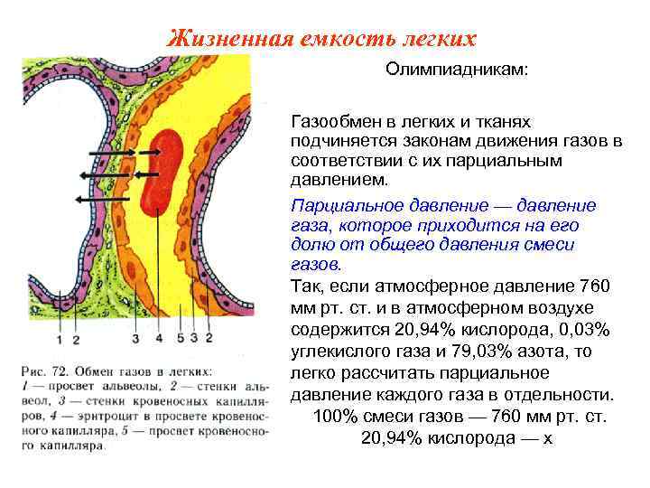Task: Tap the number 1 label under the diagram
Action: [59, 339]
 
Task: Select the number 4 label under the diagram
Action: [158, 339]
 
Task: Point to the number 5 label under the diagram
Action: [181, 339]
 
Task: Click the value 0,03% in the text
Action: [585, 330]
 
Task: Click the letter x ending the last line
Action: [547, 438]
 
